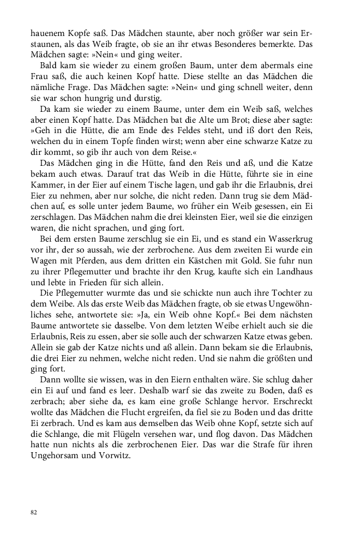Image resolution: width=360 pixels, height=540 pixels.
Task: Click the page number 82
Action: pyautogui.click(x=34, y=512)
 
